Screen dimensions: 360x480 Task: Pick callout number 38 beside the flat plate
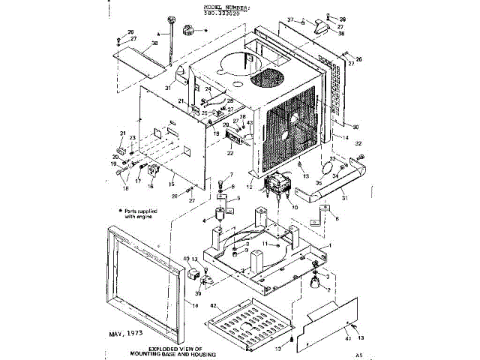coord(154,44)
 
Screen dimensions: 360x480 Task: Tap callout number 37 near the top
coord(291,19)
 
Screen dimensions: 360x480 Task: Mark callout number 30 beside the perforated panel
coord(355,126)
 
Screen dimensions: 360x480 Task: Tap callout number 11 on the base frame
coord(262,244)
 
